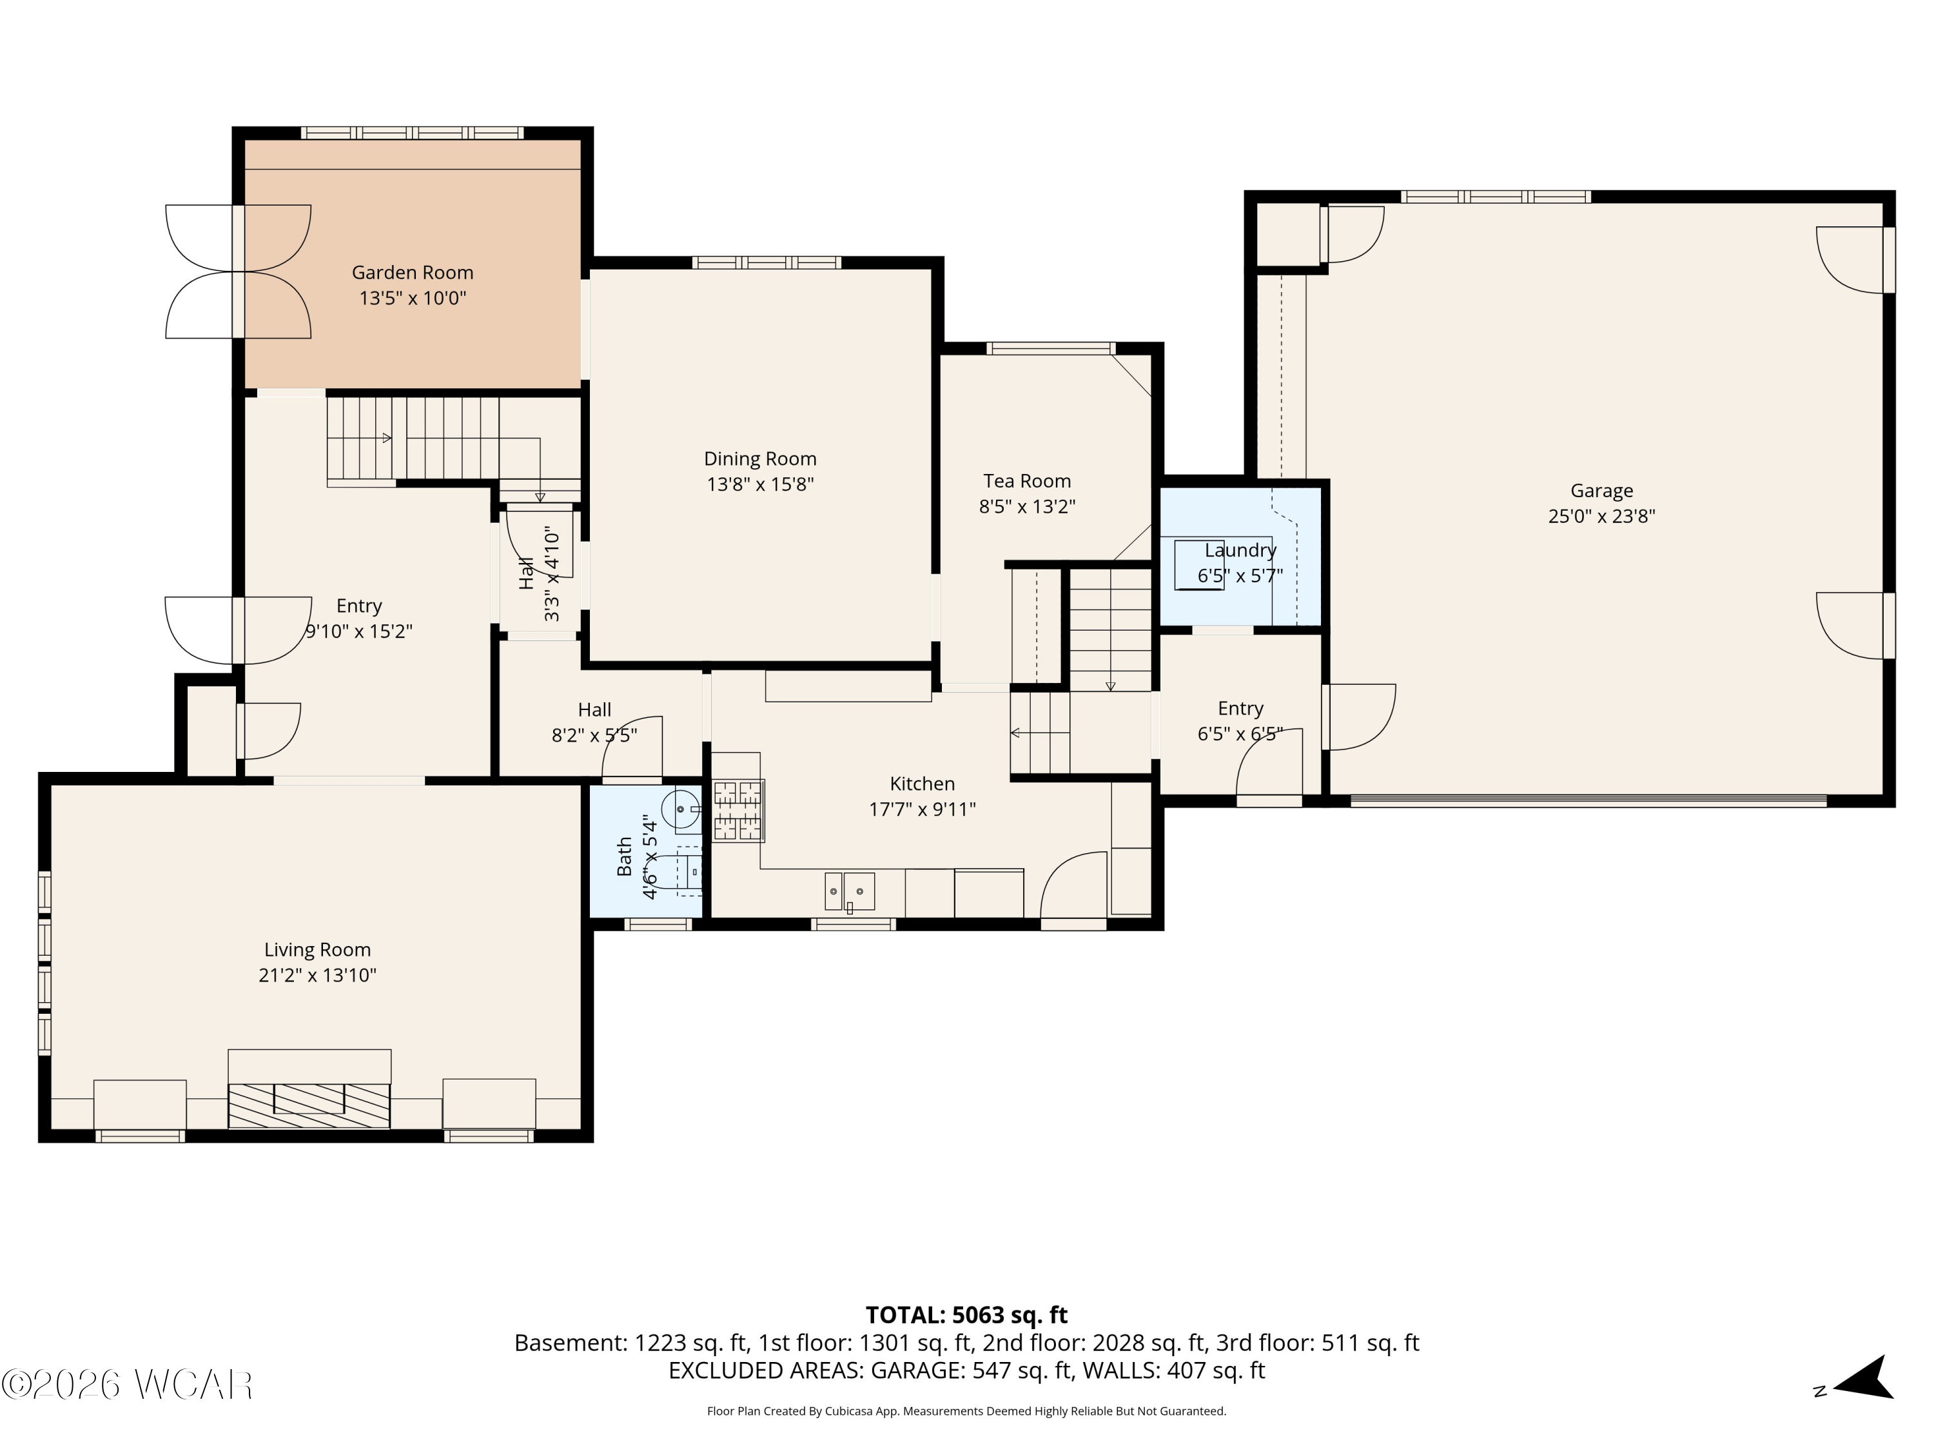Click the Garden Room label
click(x=413, y=273)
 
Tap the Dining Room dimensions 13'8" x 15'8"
click(x=761, y=484)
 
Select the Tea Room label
click(x=1028, y=481)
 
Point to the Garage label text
click(x=1602, y=491)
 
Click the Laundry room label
click(x=1241, y=550)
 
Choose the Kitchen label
click(x=923, y=784)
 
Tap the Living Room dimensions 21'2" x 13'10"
click(x=317, y=975)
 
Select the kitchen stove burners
click(x=739, y=811)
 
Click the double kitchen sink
click(x=850, y=891)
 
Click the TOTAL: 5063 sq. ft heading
click(x=966, y=1316)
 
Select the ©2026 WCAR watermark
click(x=128, y=1385)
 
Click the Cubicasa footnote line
click(x=966, y=1411)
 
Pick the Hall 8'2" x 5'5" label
click(x=594, y=722)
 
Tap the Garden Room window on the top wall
click(x=413, y=133)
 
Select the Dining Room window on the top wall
click(x=767, y=262)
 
